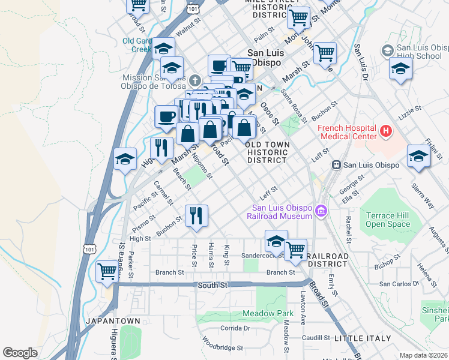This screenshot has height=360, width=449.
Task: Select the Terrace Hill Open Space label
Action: (388, 220)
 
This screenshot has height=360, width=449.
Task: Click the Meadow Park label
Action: (268, 314)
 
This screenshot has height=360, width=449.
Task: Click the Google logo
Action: (20, 353)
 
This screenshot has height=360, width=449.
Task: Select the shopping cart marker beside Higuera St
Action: (107, 271)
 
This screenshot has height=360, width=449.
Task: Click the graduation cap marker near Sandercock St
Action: (276, 241)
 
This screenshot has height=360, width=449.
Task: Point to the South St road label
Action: (208, 286)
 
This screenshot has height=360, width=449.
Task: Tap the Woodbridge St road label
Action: (223, 347)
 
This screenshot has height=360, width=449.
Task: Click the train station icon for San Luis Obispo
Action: (337, 165)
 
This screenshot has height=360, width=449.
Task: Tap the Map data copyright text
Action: (424, 355)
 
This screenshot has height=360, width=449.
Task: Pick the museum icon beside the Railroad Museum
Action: (322, 211)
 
